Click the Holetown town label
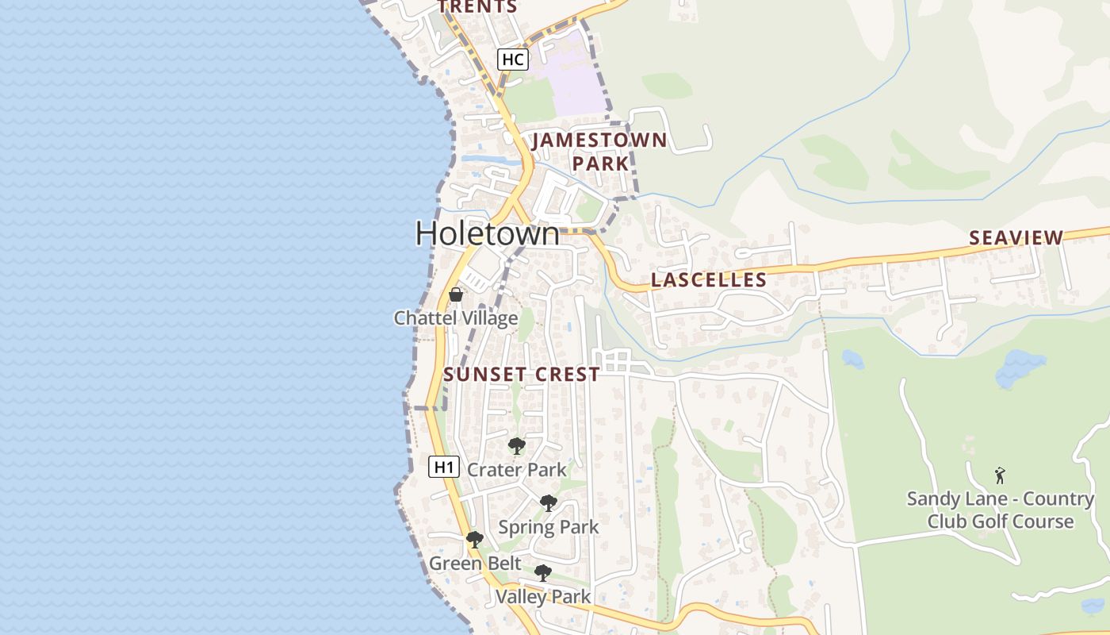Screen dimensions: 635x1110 [x=487, y=233]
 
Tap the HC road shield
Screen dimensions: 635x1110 [x=513, y=59]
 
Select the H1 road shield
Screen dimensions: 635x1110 [x=444, y=467]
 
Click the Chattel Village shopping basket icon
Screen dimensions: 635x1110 [x=456, y=294]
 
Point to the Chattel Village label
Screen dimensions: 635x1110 [x=456, y=318]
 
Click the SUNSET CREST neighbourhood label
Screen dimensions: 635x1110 [x=522, y=375]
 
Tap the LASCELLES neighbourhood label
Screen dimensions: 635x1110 [x=709, y=279]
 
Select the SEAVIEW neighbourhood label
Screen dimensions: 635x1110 [x=1016, y=237]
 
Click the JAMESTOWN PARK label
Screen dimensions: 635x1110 [x=600, y=152]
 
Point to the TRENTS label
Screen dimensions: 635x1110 [x=477, y=7]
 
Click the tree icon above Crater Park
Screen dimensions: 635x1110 [x=517, y=446]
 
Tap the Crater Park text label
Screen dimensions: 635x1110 [x=517, y=470]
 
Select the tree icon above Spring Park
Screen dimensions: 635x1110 [x=548, y=503]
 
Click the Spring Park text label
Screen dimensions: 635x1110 [x=549, y=527]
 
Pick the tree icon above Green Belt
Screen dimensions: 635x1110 [x=475, y=540]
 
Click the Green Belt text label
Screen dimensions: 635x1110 [x=475, y=564]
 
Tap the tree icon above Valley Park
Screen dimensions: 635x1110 [x=543, y=573]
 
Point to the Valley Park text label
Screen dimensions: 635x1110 [x=543, y=597]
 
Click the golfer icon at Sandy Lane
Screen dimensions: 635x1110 [x=1001, y=475]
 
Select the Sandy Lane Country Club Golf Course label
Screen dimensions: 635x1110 [x=1001, y=510]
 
